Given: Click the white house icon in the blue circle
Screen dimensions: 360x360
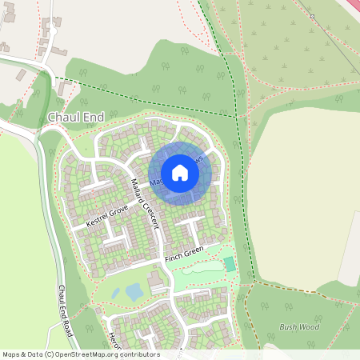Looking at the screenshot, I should pyautogui.click(x=179, y=172).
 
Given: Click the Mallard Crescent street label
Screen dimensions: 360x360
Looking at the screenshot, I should pyautogui.click(x=146, y=201).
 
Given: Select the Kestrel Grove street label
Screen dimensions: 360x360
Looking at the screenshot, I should pyautogui.click(x=107, y=215).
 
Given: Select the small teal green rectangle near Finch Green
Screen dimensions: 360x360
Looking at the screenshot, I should pyautogui.click(x=230, y=263).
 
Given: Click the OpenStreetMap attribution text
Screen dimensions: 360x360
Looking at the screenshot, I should pyautogui.click(x=81, y=354).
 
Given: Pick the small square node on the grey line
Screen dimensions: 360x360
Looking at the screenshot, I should pyautogui.click(x=312, y=16).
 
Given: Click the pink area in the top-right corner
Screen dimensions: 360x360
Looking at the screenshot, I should pyautogui.click(x=352, y=5).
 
